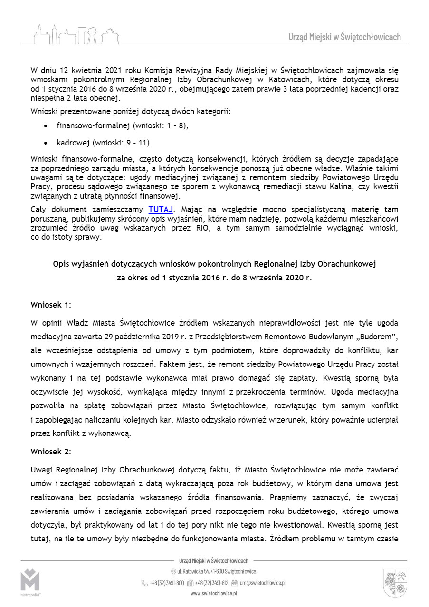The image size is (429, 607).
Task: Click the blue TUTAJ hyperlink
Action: point(161,209)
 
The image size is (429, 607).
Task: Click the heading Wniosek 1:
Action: point(51,304)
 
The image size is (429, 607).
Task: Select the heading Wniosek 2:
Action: point(51,452)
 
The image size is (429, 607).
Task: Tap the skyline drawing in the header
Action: point(76,34)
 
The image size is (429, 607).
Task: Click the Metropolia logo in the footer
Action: point(30,583)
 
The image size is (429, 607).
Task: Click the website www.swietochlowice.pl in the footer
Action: point(214,593)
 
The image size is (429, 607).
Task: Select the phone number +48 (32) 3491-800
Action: point(167,583)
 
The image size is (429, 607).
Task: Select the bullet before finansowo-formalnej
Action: point(45,127)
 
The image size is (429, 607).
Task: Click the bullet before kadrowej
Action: point(45,142)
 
